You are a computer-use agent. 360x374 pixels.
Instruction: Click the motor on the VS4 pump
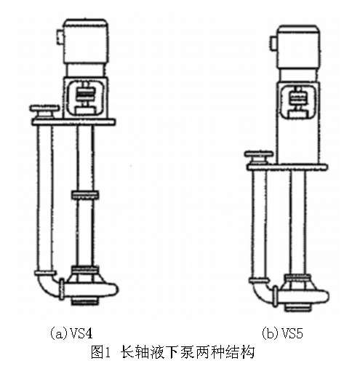pyautogui.click(x=86, y=41)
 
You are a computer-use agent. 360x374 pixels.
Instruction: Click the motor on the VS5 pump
pyautogui.click(x=298, y=47)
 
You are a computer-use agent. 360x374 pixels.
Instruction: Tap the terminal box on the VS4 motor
pyautogui.click(x=60, y=37)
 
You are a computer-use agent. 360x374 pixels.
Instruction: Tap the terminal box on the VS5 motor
pyautogui.click(x=273, y=44)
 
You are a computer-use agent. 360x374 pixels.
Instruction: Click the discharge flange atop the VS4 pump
pyautogui.click(x=44, y=111)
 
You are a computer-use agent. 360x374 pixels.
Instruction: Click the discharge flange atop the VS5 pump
pyautogui.click(x=259, y=158)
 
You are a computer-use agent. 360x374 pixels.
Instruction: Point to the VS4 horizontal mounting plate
pyautogui.click(x=73, y=122)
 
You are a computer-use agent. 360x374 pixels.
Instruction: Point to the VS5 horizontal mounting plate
pyautogui.click(x=287, y=167)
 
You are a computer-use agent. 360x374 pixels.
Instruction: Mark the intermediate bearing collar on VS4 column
pyautogui.click(x=85, y=195)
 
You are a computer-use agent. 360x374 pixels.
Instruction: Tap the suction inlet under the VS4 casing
pyautogui.click(x=84, y=301)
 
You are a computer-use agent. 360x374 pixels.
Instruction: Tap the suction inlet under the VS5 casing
pyautogui.click(x=297, y=308)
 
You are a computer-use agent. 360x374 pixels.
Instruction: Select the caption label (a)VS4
pyautogui.click(x=71, y=333)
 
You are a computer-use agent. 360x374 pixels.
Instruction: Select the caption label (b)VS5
pyautogui.click(x=283, y=333)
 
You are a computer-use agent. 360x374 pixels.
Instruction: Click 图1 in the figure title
pyautogui.click(x=100, y=352)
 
